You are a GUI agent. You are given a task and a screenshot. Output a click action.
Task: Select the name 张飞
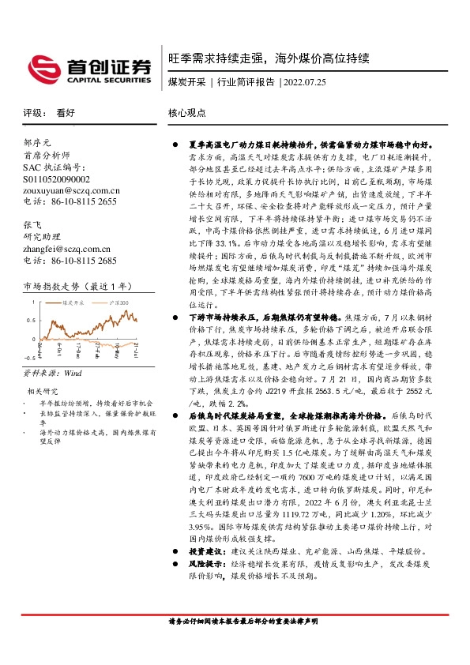[x=32, y=225]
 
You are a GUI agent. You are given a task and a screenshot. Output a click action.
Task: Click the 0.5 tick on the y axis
[x=30, y=320]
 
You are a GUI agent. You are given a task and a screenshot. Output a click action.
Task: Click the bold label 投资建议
[x=205, y=550]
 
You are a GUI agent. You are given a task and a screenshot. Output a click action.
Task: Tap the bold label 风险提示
[x=205, y=565]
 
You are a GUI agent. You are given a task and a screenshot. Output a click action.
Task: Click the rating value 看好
[x=65, y=113]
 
